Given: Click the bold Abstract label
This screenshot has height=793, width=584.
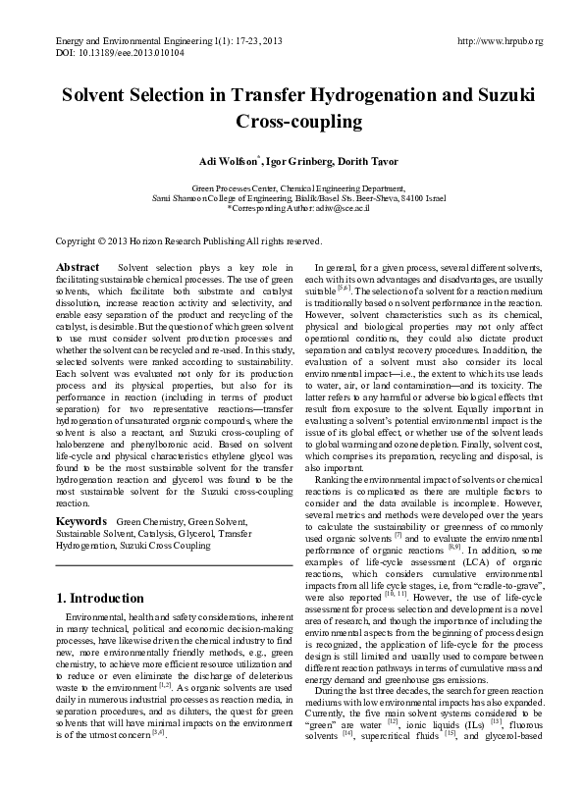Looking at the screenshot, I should pyautogui.click(x=78, y=267).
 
